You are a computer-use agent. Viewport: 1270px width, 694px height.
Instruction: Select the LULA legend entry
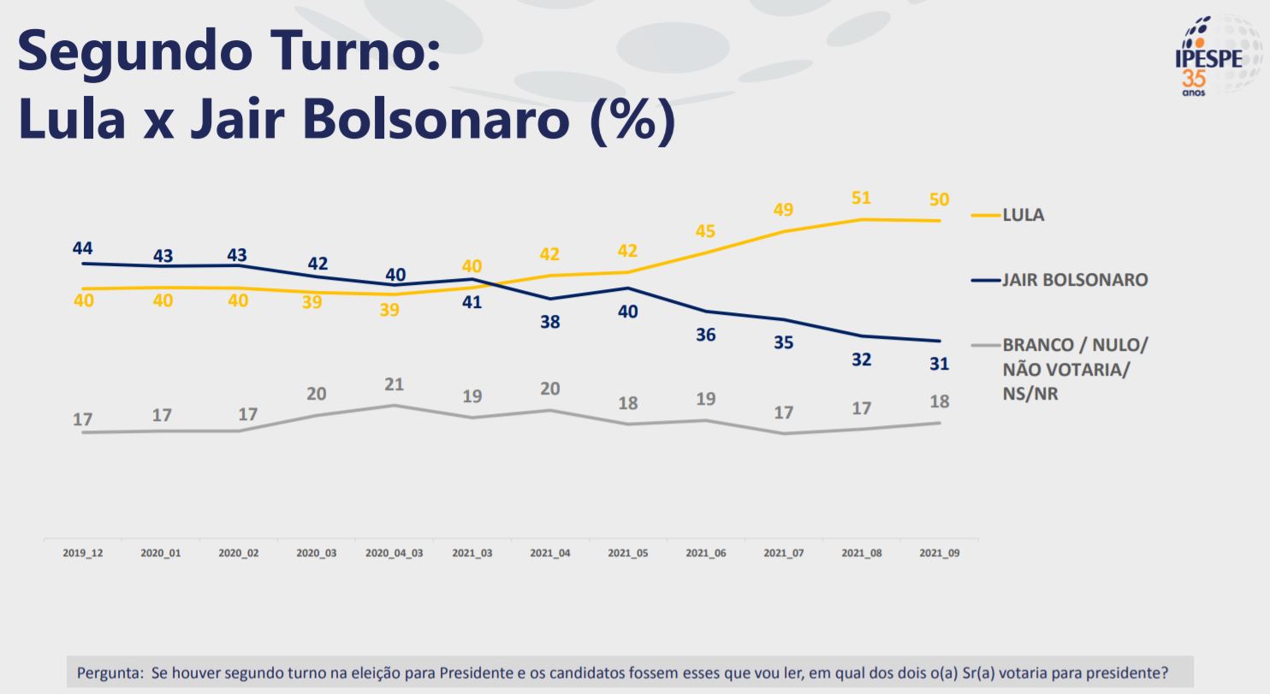coord(1023,215)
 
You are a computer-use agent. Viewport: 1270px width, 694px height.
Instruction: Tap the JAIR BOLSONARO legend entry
coord(1074,280)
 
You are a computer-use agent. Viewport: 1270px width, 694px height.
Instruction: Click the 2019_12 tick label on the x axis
coord(83,554)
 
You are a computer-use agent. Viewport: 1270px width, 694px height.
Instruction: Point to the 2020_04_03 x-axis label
coord(394,554)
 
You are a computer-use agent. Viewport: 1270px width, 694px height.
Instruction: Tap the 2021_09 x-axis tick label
coord(939,554)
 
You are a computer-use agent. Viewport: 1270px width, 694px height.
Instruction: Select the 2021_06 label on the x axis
coord(705,554)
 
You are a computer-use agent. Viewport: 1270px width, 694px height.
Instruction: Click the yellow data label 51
coord(861,198)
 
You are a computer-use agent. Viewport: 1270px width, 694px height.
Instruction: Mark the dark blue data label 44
coord(83,248)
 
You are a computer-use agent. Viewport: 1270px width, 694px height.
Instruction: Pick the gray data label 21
coord(394,384)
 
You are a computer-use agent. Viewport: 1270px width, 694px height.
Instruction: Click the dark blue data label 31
coord(939,364)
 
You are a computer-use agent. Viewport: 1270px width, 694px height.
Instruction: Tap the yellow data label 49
coord(783,210)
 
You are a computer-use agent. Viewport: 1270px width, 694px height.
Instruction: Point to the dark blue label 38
coord(549,323)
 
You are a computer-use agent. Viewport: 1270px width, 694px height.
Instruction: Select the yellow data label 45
coord(705,231)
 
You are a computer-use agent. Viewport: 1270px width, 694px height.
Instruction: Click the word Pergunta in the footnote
coord(109,673)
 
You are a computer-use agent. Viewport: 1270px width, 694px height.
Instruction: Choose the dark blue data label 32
coord(861,360)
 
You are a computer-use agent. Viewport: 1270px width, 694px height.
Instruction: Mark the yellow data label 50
coord(939,199)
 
